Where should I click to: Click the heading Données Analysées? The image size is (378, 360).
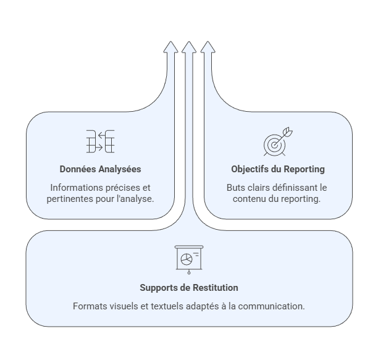100,169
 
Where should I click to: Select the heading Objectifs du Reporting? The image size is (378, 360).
277,169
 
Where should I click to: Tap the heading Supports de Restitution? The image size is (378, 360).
188,288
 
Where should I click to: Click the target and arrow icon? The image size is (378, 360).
277,141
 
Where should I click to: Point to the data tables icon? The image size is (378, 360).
100,141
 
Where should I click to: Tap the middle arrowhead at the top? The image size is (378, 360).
189,48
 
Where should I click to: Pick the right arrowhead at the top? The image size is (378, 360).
208,48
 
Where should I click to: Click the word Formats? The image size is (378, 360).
89,306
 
